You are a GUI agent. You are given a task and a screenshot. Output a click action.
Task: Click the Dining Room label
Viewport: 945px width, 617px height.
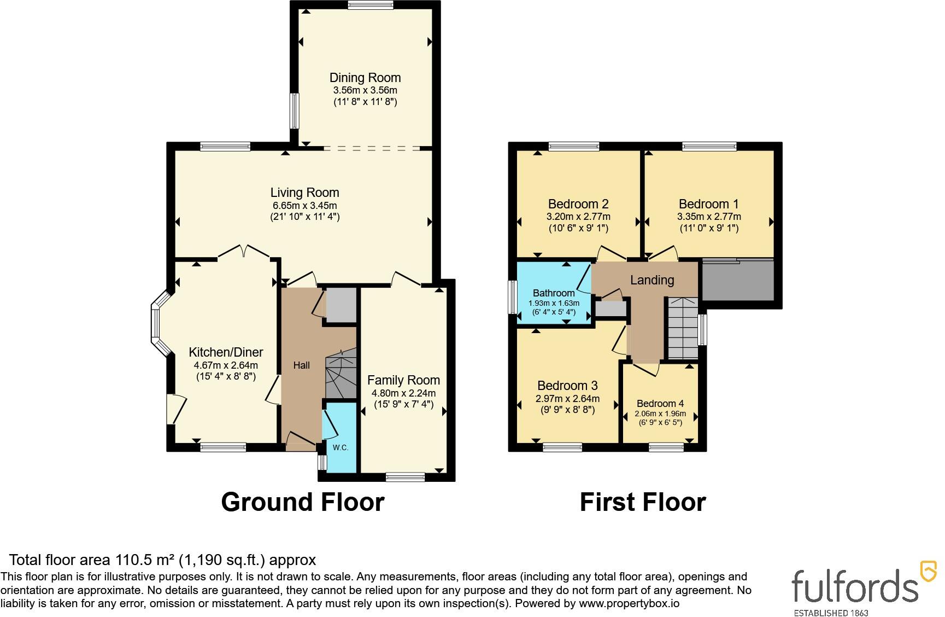pyautogui.click(x=365, y=78)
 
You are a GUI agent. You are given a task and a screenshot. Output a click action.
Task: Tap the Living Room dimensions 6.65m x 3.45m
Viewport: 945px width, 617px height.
pyautogui.click(x=305, y=206)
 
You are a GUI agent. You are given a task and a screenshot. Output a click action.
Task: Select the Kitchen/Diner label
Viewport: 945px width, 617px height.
pyautogui.click(x=226, y=352)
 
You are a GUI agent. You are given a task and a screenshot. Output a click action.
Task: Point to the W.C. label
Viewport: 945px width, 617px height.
pyautogui.click(x=341, y=447)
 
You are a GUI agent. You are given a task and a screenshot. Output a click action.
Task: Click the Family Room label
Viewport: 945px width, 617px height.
pyautogui.click(x=403, y=380)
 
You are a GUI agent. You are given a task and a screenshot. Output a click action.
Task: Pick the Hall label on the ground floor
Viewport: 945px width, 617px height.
pyautogui.click(x=301, y=365)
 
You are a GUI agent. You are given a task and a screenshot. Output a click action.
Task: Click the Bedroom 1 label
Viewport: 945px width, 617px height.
pyautogui.click(x=709, y=204)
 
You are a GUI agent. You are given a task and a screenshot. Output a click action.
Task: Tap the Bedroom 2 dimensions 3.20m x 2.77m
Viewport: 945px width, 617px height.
pyautogui.click(x=578, y=217)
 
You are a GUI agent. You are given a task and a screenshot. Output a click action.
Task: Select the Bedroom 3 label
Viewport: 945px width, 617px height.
pyautogui.click(x=567, y=386)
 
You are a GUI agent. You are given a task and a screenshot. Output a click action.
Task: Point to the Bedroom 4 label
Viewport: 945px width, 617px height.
pyautogui.click(x=660, y=404)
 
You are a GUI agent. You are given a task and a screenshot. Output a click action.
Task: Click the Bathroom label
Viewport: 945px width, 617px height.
pyautogui.click(x=554, y=293)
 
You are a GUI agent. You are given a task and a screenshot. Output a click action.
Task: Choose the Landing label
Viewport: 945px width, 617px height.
pyautogui.click(x=652, y=280)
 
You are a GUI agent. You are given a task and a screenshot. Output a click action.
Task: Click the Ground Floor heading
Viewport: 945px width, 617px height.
pyautogui.click(x=303, y=502)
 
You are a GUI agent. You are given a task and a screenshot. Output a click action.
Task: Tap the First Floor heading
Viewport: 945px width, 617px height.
pyautogui.click(x=643, y=502)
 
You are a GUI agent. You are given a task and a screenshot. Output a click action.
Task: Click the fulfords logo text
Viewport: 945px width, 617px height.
pyautogui.click(x=856, y=585)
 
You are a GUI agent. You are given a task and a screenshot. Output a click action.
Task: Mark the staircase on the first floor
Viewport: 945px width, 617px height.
pyautogui.click(x=683, y=328)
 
